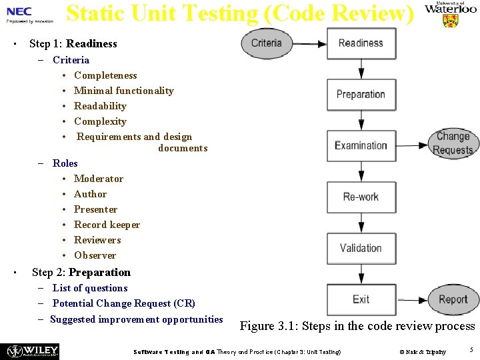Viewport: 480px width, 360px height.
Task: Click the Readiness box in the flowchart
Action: click(361, 43)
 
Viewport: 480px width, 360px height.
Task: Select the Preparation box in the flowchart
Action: click(361, 95)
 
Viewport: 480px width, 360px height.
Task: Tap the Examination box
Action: click(361, 145)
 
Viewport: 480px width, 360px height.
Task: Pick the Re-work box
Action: click(361, 197)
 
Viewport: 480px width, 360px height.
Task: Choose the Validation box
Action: click(361, 248)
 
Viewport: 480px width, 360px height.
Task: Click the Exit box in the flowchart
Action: click(361, 299)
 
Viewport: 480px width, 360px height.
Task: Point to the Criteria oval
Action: click(267, 43)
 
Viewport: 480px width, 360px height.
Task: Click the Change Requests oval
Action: click(453, 143)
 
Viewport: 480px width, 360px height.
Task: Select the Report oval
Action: click(453, 299)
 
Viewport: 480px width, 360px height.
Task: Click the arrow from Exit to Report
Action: click(411, 299)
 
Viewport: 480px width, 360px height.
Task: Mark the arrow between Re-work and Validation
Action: click(361, 223)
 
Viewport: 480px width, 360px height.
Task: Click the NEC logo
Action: click(19, 11)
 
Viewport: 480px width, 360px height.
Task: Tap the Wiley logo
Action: click(32, 351)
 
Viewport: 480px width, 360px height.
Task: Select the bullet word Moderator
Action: click(99, 179)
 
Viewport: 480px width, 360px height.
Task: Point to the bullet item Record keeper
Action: click(107, 225)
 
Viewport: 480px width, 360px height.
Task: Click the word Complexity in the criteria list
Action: click(100, 121)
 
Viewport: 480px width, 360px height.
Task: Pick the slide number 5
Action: click(471, 350)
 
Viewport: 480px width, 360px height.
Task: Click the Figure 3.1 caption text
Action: click(357, 326)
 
